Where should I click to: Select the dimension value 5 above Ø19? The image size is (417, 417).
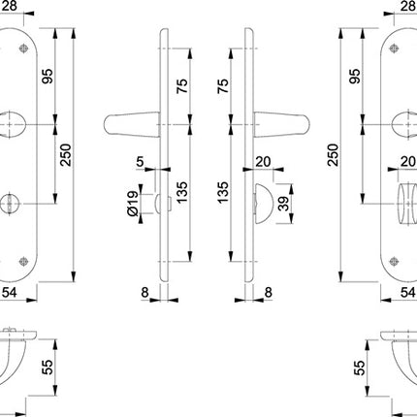141,161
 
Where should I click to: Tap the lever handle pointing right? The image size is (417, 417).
282,122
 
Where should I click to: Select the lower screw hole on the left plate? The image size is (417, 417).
23,260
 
